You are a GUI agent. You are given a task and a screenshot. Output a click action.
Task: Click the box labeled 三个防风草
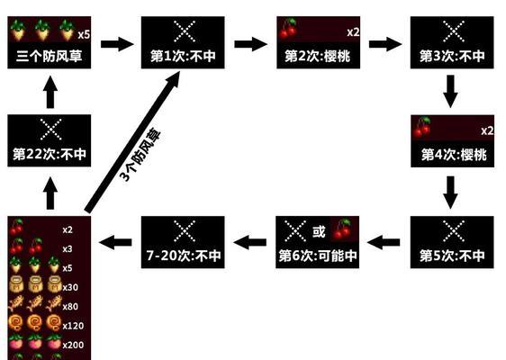[49, 42]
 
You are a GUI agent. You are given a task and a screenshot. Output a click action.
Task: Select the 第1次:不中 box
[183, 42]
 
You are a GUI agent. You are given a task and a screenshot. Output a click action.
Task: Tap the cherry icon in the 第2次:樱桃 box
[288, 29]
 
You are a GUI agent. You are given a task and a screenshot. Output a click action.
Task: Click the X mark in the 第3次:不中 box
[454, 31]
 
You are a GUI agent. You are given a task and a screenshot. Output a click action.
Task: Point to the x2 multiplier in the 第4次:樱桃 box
[487, 130]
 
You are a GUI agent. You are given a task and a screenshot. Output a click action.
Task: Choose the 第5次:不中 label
[452, 256]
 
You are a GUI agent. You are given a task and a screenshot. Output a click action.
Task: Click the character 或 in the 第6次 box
[319, 231]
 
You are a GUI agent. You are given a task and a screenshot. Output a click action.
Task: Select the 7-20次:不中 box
[183, 242]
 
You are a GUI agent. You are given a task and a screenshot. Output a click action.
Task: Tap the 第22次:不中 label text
[50, 154]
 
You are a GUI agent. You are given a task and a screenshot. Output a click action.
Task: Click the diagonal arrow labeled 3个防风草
[132, 142]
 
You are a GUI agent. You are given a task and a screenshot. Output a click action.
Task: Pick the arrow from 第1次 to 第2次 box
[250, 44]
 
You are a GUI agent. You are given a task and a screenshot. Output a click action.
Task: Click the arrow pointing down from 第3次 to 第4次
[450, 91]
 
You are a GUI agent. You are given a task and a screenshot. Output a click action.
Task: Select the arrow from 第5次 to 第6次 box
[384, 242]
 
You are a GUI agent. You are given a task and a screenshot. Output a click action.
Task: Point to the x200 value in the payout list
[73, 345]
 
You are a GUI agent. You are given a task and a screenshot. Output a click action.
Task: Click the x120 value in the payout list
[73, 326]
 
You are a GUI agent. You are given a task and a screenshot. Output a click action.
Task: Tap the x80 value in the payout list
[70, 307]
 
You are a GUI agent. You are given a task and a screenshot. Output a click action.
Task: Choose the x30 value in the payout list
[70, 287]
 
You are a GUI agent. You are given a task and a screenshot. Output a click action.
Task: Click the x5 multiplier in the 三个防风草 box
[84, 34]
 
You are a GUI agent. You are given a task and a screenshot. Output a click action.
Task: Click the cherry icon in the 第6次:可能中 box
[343, 229]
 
